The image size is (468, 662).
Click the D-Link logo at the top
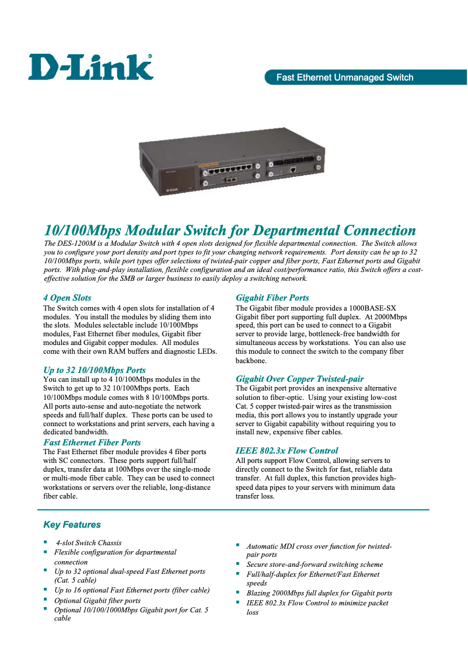tap(90, 67)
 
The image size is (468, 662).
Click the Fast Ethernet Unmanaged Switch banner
tap(344, 78)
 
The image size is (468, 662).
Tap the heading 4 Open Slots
tap(67, 298)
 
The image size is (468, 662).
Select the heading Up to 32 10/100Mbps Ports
tap(95, 370)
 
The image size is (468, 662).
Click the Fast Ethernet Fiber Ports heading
tap(92, 443)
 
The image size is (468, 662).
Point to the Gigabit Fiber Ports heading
tap(272, 298)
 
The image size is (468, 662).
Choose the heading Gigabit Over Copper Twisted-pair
tap(299, 379)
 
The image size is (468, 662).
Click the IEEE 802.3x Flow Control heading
tap(287, 451)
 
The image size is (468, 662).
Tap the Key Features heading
tap(72, 525)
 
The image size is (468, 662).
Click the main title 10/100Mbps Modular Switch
tap(230, 231)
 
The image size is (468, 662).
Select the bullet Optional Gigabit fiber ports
tap(97, 600)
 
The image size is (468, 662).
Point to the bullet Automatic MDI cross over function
tap(319, 546)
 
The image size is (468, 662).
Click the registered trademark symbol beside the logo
tap(150, 56)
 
